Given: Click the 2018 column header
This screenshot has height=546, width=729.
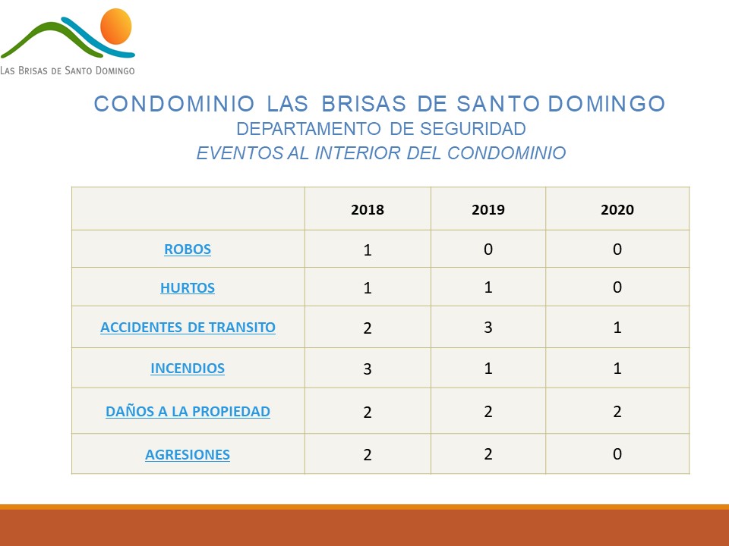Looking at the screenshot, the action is click(x=368, y=209).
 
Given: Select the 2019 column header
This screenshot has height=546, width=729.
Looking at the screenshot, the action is click(x=488, y=209).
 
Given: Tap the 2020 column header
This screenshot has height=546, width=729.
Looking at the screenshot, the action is click(x=617, y=209).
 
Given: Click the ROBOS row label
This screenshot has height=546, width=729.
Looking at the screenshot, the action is click(x=188, y=249).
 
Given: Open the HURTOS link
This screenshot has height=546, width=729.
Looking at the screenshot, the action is click(x=188, y=288).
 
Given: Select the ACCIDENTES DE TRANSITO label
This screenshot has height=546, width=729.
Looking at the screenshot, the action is click(x=188, y=328).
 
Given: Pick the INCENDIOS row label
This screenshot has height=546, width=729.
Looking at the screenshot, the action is click(x=188, y=369).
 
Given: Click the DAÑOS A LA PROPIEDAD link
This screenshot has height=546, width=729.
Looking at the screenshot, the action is click(x=188, y=411).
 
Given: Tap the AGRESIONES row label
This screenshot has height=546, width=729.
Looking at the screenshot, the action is click(x=188, y=454).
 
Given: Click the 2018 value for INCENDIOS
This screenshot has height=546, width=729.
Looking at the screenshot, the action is click(x=368, y=369).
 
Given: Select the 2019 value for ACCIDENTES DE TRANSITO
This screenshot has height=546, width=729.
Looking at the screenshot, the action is click(x=488, y=328).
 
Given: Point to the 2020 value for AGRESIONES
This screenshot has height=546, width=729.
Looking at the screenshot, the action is click(x=617, y=453).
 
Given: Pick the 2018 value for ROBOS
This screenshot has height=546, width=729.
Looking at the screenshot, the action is click(x=368, y=250).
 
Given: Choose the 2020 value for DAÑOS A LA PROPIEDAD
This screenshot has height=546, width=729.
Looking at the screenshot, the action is click(x=617, y=411).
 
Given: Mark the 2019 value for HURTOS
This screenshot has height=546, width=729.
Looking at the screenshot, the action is click(x=488, y=287).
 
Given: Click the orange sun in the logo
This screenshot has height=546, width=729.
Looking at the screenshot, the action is click(x=115, y=27).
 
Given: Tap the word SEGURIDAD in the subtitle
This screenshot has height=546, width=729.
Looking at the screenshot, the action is click(x=473, y=129).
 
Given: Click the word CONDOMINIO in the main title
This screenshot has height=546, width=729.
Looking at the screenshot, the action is click(x=175, y=104).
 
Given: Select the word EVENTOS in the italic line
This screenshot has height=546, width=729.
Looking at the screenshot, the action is click(x=240, y=152).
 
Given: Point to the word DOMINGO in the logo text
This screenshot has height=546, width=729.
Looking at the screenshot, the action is click(x=115, y=71).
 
